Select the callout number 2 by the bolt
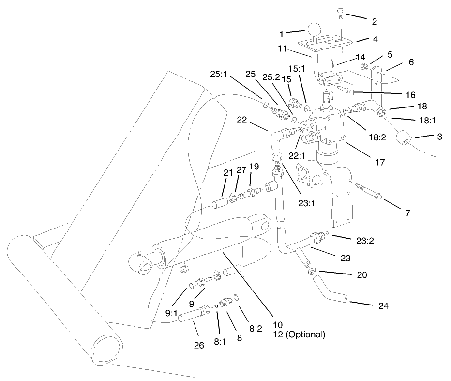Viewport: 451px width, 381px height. [x=374, y=21]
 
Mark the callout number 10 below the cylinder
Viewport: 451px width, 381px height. [x=277, y=324]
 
